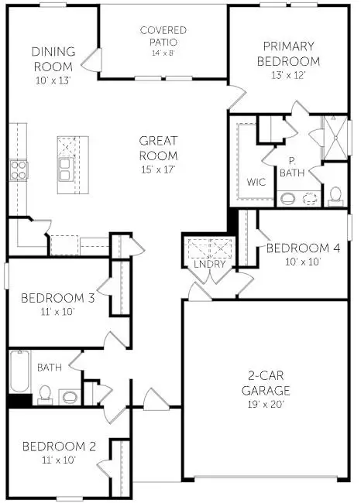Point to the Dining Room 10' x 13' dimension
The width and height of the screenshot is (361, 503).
(x=53, y=80)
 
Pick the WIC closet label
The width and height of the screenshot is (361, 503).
(x=256, y=183)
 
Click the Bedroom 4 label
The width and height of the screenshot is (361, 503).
(x=303, y=248)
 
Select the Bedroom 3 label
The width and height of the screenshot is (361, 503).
(x=58, y=298)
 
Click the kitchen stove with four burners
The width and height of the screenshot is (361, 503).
(x=18, y=169)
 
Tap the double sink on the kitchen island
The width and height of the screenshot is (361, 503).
(x=66, y=168)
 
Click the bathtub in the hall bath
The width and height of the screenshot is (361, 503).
(x=18, y=372)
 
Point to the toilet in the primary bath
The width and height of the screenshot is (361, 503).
(x=337, y=195)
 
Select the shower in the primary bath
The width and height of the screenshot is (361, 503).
(x=335, y=137)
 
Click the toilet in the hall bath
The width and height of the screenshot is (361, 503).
(x=45, y=394)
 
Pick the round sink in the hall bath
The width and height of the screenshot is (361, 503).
(x=70, y=397)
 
